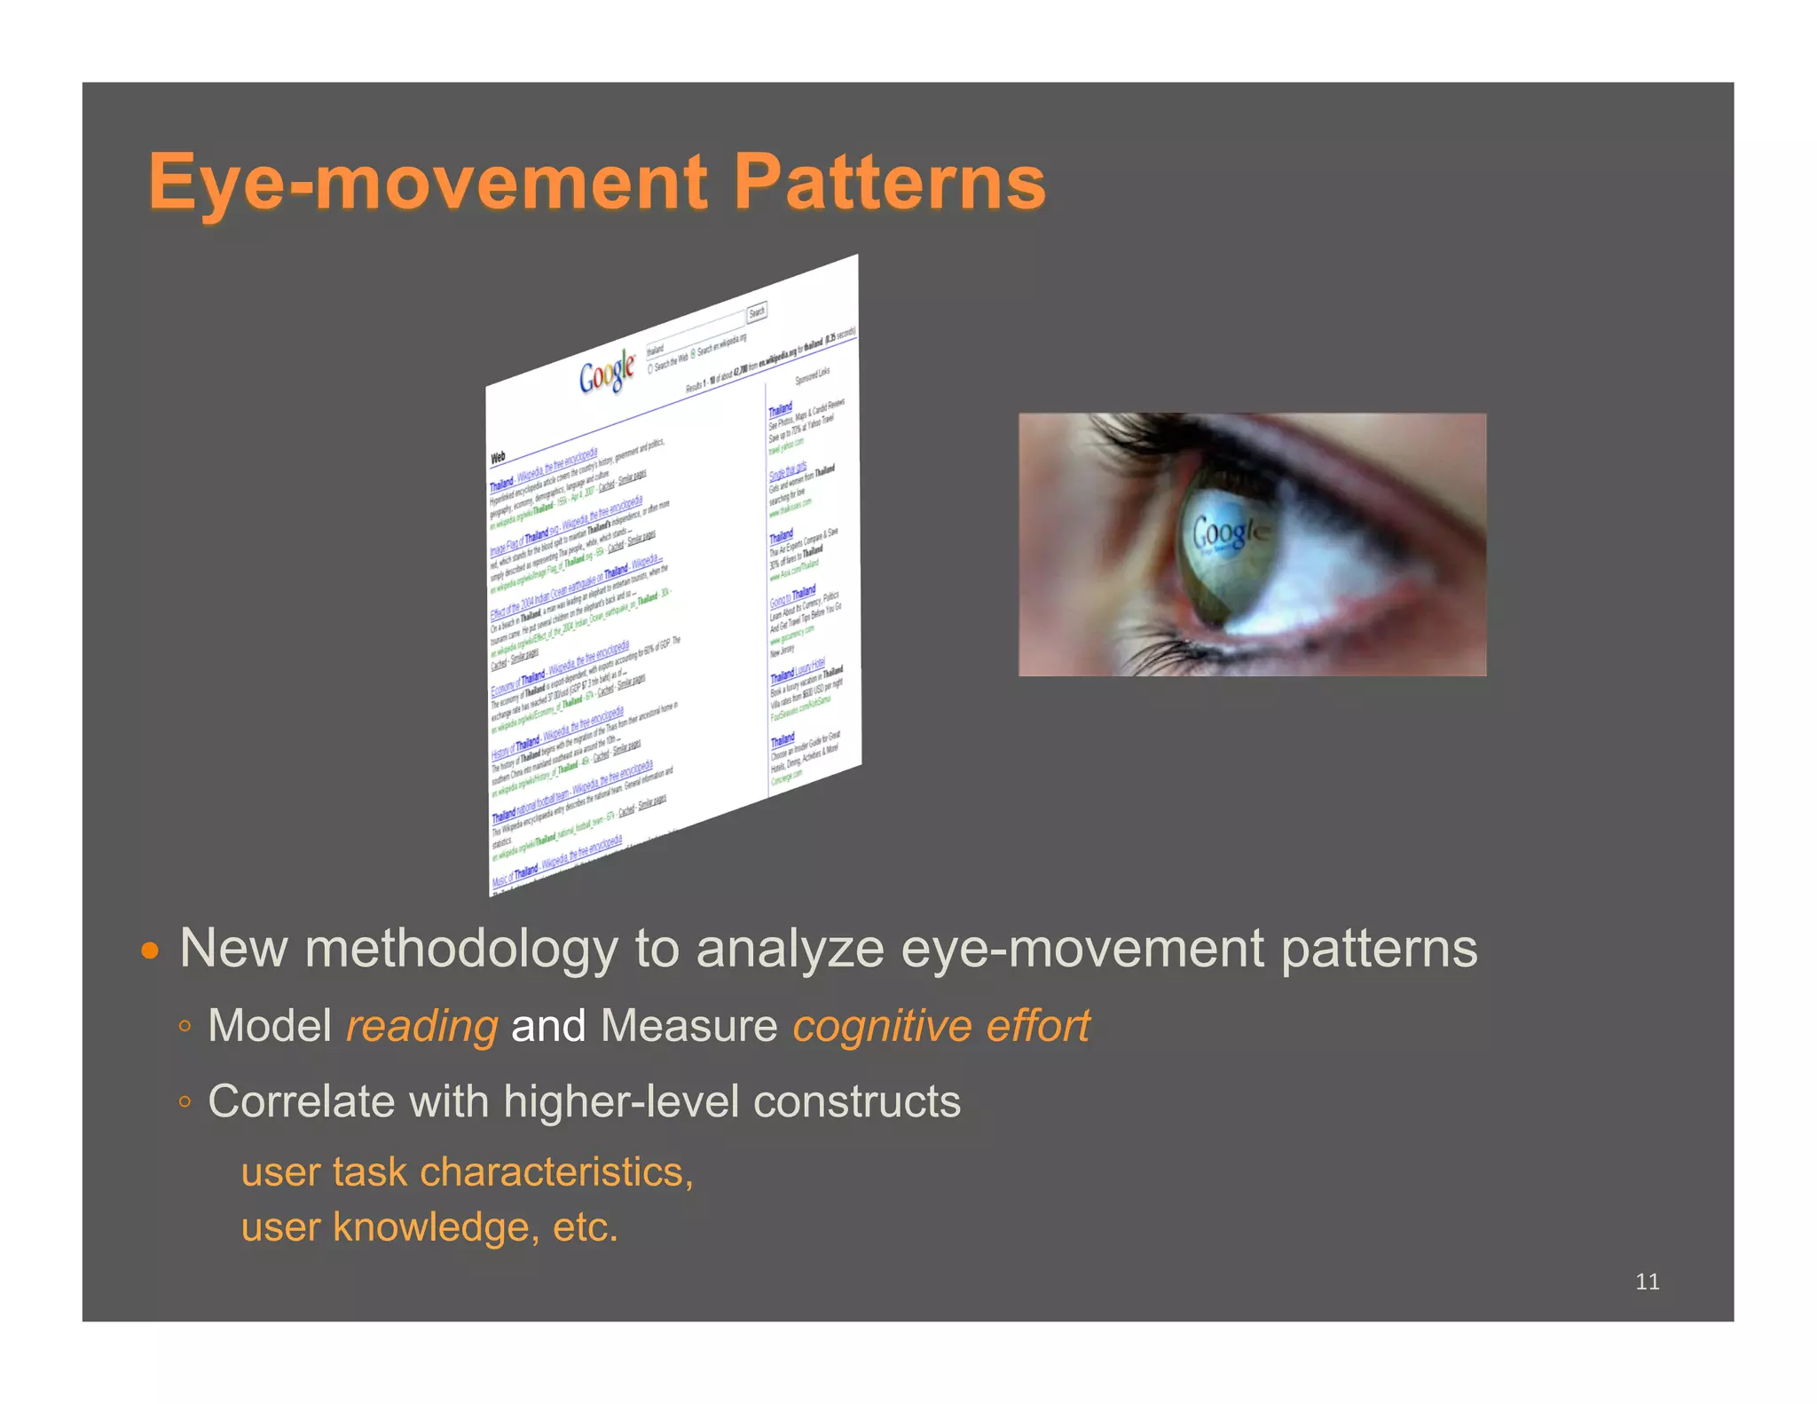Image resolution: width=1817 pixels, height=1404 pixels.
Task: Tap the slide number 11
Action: pyautogui.click(x=1647, y=1281)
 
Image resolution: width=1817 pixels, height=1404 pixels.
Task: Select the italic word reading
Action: pyautogui.click(x=421, y=1026)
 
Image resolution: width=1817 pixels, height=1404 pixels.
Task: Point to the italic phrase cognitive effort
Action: pyautogui.click(x=940, y=1026)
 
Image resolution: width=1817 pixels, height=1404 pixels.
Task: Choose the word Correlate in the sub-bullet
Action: pyautogui.click(x=302, y=1101)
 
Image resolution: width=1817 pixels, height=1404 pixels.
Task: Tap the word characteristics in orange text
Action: pyautogui.click(x=555, y=1171)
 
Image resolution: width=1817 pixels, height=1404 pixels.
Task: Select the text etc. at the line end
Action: pyautogui.click(x=585, y=1227)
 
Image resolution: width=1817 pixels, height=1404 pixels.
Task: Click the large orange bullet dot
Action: pyautogui.click(x=151, y=951)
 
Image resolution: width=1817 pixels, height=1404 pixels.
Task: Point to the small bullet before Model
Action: pyautogui.click(x=185, y=1027)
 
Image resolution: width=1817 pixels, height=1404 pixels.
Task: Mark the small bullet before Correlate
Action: pyautogui.click(x=185, y=1102)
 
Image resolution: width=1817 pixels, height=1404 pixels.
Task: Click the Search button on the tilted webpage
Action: pyautogui.click(x=756, y=312)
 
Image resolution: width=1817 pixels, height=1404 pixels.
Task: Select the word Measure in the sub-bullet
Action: pyautogui.click(x=688, y=1026)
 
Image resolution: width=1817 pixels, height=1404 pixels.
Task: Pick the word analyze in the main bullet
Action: pyautogui.click(x=790, y=949)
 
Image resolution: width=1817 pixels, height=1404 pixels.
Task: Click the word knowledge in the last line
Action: pyautogui.click(x=431, y=1227)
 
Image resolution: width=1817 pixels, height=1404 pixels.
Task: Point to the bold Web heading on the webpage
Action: pyautogui.click(x=498, y=457)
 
